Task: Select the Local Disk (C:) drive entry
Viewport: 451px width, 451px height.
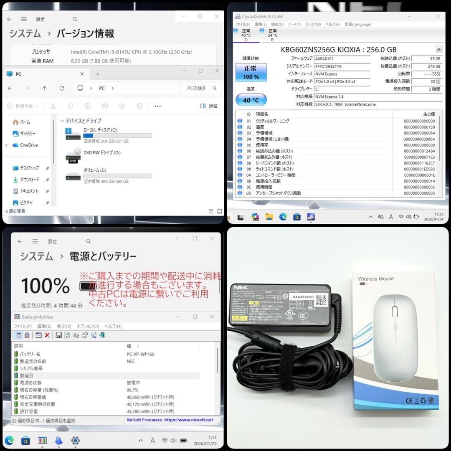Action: point(100,130)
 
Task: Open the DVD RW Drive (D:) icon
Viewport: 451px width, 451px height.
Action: point(73,155)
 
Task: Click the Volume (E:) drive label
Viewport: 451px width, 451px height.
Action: point(95,170)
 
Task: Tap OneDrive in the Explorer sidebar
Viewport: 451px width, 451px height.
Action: point(29,145)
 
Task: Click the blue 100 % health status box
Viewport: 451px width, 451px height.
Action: point(251,72)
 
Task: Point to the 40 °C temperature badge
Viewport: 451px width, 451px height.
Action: point(251,100)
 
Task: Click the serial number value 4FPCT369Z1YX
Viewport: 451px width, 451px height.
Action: point(328,66)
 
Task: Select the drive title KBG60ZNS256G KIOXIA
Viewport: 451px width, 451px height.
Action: point(339,49)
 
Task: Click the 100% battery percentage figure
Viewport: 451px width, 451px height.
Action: point(46,286)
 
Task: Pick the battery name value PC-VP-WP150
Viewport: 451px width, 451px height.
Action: point(140,354)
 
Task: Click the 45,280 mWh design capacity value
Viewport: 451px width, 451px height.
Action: point(151,411)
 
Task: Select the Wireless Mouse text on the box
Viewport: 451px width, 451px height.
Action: point(375,279)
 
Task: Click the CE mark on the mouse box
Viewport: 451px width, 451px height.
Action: point(410,400)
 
